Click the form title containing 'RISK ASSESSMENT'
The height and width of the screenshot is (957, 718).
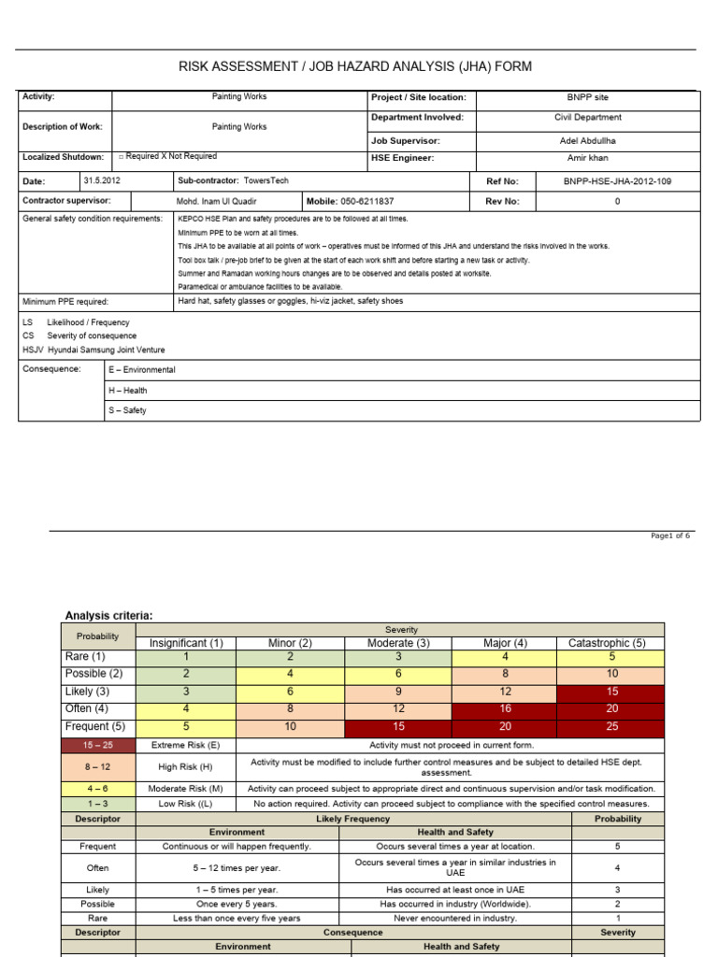(355, 66)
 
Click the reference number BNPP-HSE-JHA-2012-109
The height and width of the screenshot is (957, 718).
(617, 181)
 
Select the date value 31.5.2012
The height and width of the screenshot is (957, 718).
(101, 181)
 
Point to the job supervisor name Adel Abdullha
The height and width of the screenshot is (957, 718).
(588, 140)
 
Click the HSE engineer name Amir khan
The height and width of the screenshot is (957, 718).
(588, 158)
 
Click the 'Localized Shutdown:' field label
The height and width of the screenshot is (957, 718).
(63, 157)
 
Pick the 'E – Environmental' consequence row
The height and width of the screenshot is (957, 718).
(142, 370)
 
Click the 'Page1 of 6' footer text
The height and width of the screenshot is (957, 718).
(670, 536)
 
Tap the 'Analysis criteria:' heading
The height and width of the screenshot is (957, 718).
(108, 615)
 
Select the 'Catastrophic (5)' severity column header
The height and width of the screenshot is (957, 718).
(607, 643)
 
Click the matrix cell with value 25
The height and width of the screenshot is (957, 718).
(611, 726)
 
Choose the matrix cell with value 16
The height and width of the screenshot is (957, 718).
(504, 709)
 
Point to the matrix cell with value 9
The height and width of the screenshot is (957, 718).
(397, 692)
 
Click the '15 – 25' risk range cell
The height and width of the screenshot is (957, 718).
(98, 745)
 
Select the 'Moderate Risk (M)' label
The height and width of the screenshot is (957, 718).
(186, 788)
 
